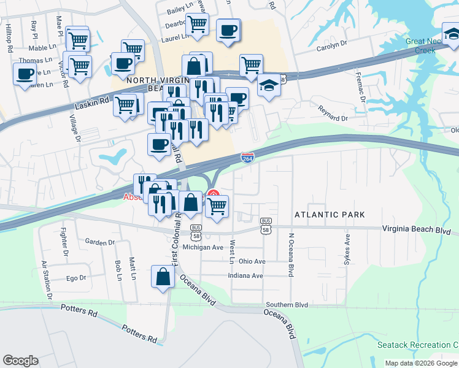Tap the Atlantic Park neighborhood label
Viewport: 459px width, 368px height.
pos(330,215)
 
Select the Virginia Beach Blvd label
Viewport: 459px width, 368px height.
pos(416,231)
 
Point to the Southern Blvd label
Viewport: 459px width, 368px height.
pos(287,304)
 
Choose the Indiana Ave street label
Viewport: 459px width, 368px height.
pos(245,275)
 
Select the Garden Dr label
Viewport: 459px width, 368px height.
pos(100,242)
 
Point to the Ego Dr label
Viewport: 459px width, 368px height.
pos(76,278)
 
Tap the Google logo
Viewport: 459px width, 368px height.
pos(20,361)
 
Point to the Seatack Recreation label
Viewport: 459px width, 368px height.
pos(417,345)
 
